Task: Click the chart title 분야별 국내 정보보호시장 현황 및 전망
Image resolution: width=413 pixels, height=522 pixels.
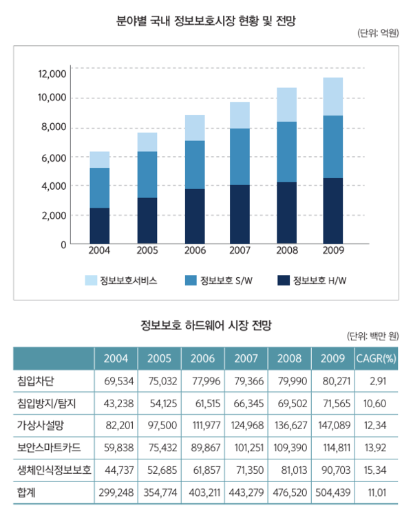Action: pos(206,21)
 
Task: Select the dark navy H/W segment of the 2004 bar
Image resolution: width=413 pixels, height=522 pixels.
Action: pos(100,226)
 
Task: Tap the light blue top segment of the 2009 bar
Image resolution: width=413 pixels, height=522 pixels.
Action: pos(333,96)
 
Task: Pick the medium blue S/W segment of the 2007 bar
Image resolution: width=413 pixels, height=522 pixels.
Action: pos(240,156)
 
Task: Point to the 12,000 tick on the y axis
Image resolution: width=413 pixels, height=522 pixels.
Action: pos(52,74)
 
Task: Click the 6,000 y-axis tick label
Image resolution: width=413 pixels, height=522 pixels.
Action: pos(54,157)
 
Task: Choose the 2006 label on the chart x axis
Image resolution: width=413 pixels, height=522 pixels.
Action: pos(194,250)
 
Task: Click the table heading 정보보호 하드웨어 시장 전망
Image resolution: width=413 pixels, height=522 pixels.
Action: pos(206,325)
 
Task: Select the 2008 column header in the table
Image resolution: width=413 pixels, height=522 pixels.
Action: pos(289,358)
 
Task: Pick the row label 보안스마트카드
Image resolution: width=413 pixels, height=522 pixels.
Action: pos(48,448)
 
